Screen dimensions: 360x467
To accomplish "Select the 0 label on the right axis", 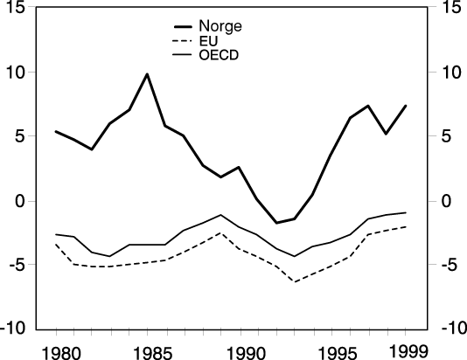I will pos(448,201).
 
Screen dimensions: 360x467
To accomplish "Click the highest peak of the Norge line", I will pos(148,74).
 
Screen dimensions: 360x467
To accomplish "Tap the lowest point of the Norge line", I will pos(276,223).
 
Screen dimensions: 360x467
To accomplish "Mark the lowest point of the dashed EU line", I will pos(295,282).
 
